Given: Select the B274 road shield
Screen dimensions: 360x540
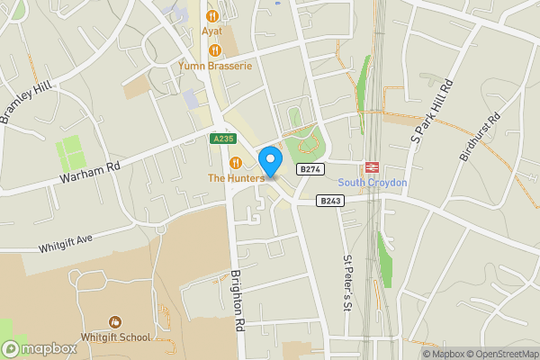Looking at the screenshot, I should click(310, 169).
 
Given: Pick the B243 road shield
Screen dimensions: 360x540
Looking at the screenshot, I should click(330, 202).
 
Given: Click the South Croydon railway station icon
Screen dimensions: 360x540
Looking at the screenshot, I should click(371, 167).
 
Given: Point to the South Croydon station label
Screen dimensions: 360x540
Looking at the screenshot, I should click(373, 183).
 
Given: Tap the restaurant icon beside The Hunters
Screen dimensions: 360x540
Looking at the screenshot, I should click(236, 162).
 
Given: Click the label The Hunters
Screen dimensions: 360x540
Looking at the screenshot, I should click(236, 178).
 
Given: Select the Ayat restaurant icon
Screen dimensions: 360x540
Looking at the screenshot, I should click(212, 15).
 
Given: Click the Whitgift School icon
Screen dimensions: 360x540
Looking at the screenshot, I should click(114, 321).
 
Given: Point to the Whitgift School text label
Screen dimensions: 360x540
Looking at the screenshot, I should click(114, 337).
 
